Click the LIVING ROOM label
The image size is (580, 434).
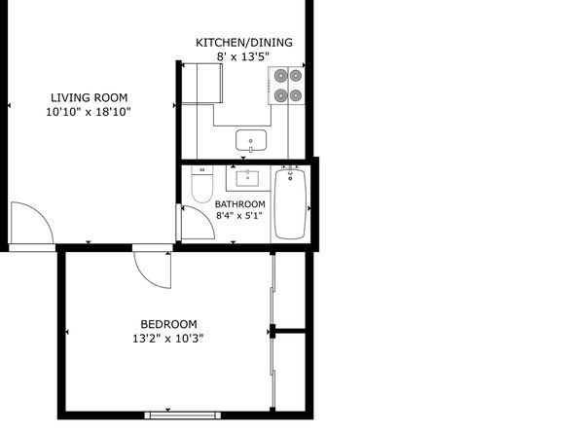(90, 97)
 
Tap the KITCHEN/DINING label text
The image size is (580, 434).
(244, 43)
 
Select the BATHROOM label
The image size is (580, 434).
(240, 204)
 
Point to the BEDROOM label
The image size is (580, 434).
(168, 324)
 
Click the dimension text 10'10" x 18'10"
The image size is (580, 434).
(89, 112)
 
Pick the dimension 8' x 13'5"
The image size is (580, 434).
(242, 57)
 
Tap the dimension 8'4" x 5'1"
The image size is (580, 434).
(239, 216)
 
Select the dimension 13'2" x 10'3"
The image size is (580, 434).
(168, 339)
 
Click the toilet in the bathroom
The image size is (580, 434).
(202, 184)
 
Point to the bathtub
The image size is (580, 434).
(290, 204)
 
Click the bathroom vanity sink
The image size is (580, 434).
(248, 178)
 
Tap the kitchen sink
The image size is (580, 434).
(251, 140)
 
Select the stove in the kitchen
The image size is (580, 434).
(286, 86)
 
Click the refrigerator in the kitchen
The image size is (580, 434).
(202, 84)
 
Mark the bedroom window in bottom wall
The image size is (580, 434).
(183, 416)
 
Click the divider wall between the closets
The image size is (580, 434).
(290, 331)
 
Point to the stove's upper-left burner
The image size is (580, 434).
(281, 76)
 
